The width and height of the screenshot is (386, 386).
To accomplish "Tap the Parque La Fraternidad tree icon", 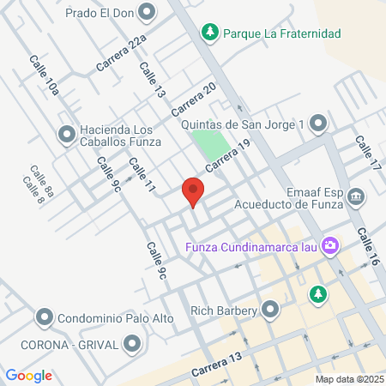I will point(209,33).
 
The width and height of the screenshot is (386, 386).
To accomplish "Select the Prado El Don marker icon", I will point(147,12).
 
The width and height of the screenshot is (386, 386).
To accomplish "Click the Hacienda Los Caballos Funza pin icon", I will point(66,134).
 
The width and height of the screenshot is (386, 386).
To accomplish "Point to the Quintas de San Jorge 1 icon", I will point(319,124).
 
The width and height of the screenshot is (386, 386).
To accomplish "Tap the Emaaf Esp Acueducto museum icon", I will point(356,197).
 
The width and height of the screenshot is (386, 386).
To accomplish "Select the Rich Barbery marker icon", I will point(271,308).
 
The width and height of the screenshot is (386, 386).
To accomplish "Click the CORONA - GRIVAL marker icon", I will point(131,344).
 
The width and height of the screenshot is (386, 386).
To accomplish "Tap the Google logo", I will point(28,375).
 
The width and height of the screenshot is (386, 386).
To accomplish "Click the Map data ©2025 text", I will point(349,379).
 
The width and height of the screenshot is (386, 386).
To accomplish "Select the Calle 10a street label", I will point(45,75).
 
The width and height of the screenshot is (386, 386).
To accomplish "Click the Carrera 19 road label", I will point(227,155).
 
